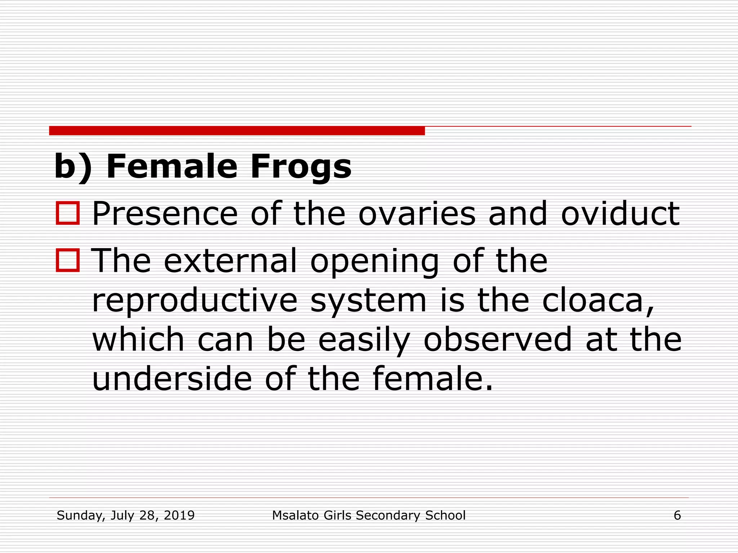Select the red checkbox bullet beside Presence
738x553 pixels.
pyautogui.click(x=68, y=213)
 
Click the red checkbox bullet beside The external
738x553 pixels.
pyautogui.click(x=68, y=260)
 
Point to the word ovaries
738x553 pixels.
pyautogui.click(x=417, y=214)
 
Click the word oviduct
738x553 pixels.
pyautogui.click(x=620, y=214)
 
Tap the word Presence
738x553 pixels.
pyautogui.click(x=165, y=214)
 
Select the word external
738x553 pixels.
pyautogui.click(x=231, y=261)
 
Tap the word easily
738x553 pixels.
pyautogui.click(x=364, y=341)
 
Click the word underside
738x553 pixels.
pyautogui.click(x=172, y=379)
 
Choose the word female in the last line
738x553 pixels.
pyautogui.click(x=432, y=379)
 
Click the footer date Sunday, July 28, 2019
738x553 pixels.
pyautogui.click(x=125, y=516)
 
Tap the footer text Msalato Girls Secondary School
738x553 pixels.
pyautogui.click(x=369, y=516)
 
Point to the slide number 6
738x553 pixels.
pyautogui.click(x=677, y=516)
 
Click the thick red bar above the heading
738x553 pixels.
pyautogui.click(x=237, y=131)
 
